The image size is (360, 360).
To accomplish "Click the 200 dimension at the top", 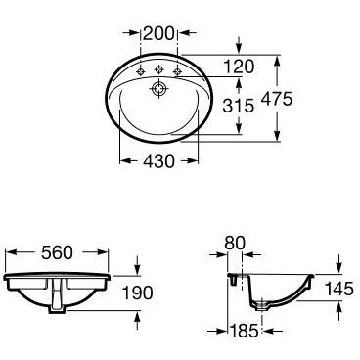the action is pyautogui.click(x=158, y=33).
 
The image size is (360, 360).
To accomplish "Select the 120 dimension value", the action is pyautogui.click(x=239, y=67).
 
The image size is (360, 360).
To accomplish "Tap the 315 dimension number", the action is pyautogui.click(x=239, y=106).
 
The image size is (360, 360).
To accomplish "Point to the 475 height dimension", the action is pyautogui.click(x=277, y=99).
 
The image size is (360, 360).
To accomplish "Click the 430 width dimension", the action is pyautogui.click(x=159, y=161).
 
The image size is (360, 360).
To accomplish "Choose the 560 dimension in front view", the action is pyautogui.click(x=57, y=252).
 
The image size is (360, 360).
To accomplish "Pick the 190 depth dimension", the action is pyautogui.click(x=137, y=292).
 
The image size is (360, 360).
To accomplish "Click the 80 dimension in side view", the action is pyautogui.click(x=235, y=243).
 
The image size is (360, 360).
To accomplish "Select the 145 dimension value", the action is pyautogui.click(x=339, y=289).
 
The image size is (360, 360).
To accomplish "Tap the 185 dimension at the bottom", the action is pyautogui.click(x=244, y=331).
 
